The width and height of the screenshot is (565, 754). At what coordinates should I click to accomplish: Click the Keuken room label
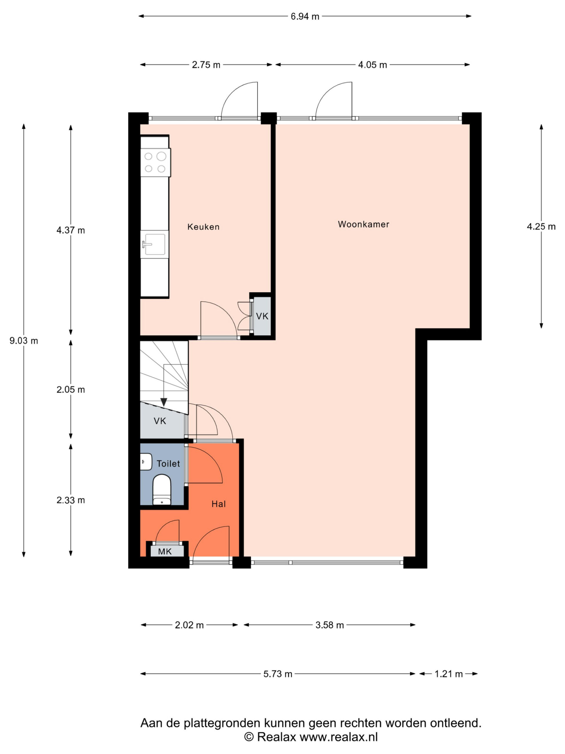tap(203, 227)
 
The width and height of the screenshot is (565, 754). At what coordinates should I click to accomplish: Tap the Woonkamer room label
tap(363, 224)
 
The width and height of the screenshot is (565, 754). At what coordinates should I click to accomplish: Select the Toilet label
tap(168, 464)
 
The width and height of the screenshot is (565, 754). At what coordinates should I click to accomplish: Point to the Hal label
tap(218, 504)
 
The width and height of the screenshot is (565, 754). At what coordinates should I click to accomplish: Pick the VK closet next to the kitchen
tap(262, 316)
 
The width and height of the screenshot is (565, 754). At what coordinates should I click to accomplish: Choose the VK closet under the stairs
tap(160, 421)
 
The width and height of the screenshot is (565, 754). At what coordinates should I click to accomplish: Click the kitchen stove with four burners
tap(155, 162)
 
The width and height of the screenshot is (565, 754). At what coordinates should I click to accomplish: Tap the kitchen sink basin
tap(155, 244)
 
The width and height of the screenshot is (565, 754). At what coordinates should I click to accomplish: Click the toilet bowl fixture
tap(162, 489)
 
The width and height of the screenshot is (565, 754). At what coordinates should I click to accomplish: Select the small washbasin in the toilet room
tap(146, 462)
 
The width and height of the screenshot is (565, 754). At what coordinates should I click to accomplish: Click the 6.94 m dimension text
tap(305, 16)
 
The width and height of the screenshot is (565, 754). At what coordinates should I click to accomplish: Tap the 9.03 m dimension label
tap(24, 340)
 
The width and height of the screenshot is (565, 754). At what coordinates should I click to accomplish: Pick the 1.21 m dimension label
tap(448, 674)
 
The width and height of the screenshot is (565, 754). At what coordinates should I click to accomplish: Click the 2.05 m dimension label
tap(71, 389)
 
